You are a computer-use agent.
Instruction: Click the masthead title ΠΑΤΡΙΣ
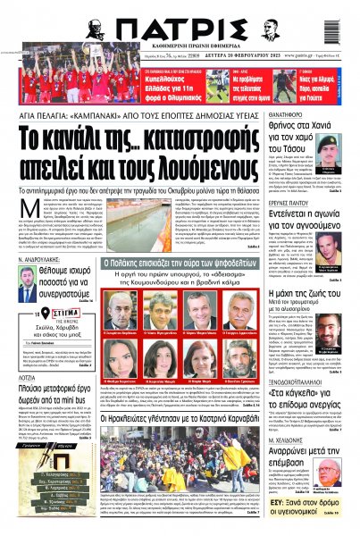tap(178, 27)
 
